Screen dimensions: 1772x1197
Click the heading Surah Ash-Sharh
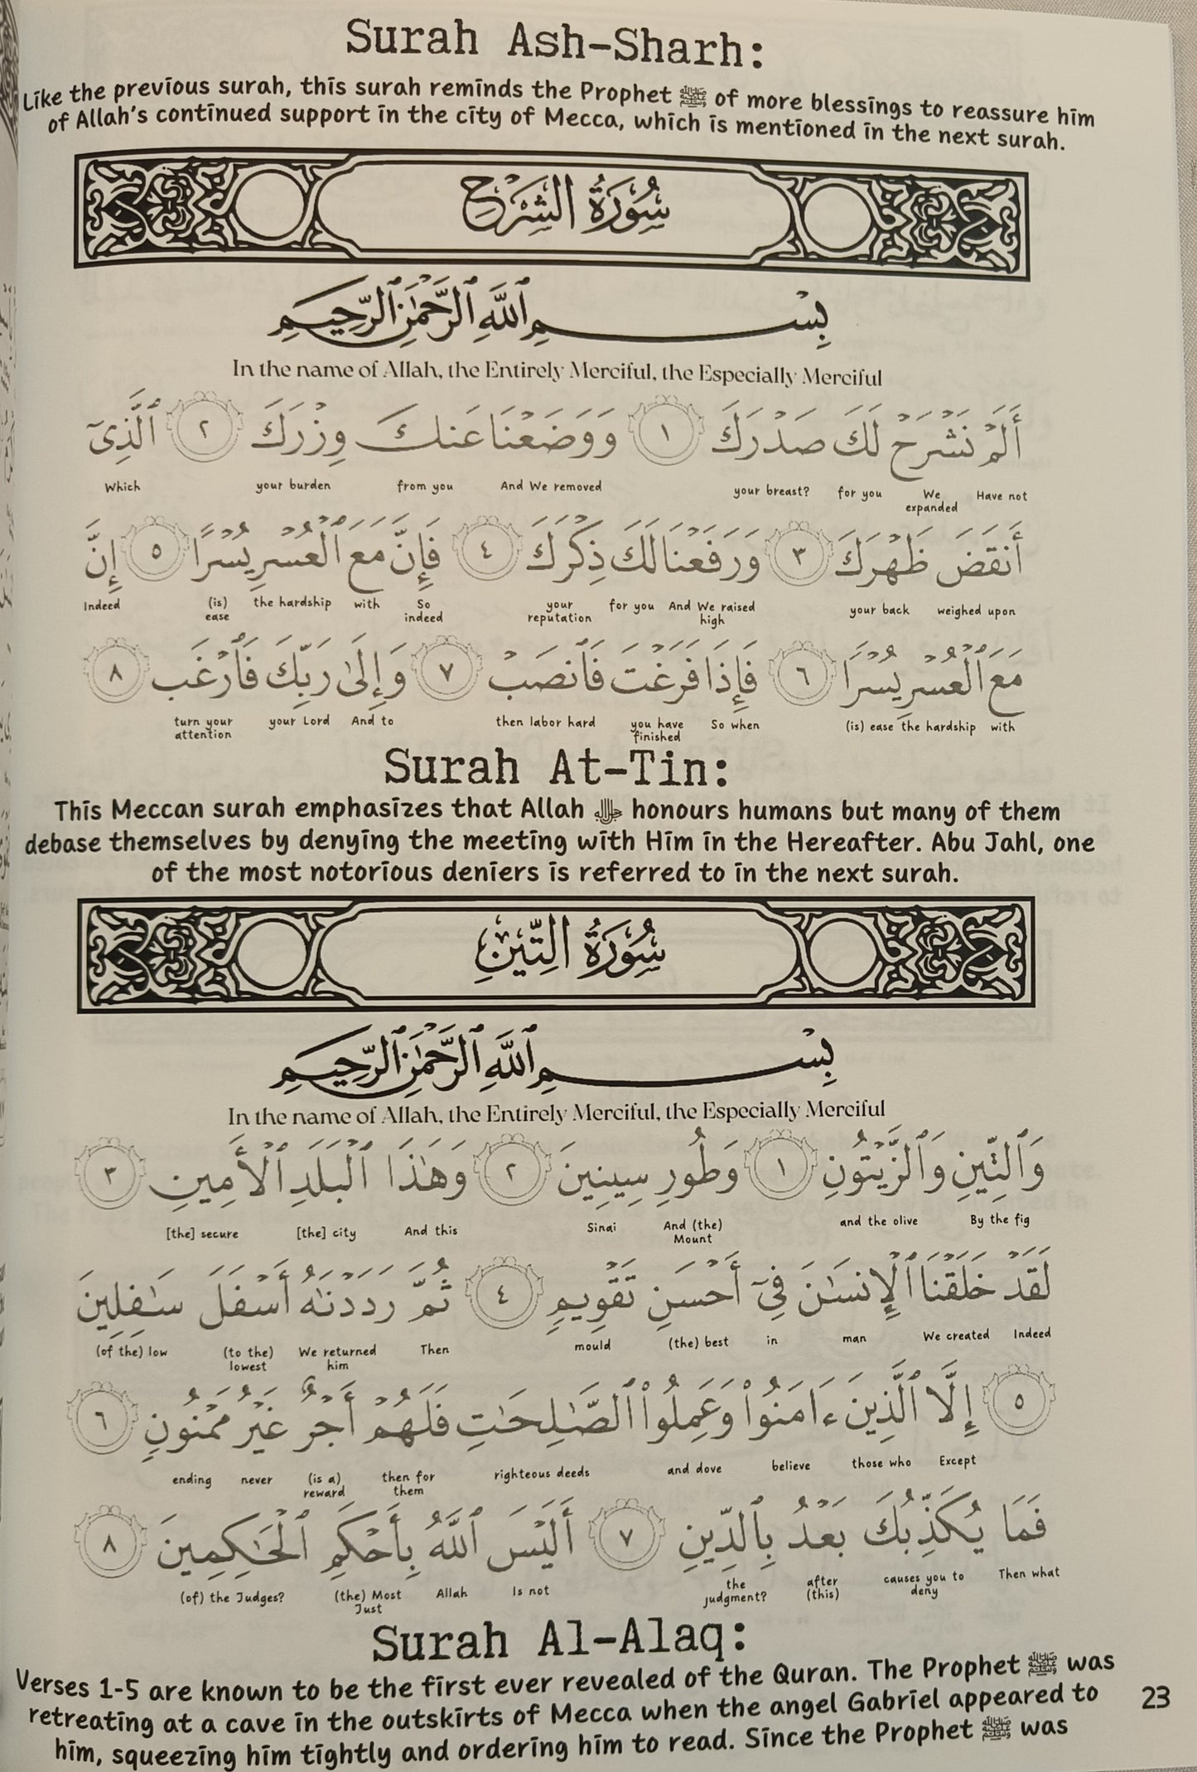tap(553, 44)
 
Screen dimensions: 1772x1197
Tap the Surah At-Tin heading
tap(556, 770)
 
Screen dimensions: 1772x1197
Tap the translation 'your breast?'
tap(771, 490)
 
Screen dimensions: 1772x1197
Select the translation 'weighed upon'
tap(976, 611)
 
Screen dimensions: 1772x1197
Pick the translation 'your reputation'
tap(559, 611)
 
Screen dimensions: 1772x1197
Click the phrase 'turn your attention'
tap(203, 727)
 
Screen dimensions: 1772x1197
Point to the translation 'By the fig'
tap(1000, 1219)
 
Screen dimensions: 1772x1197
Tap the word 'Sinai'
tap(601, 1227)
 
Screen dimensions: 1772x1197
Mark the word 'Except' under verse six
tap(958, 1461)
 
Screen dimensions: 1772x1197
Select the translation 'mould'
tap(592, 1346)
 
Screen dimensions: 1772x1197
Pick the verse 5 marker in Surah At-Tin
tap(1018, 1402)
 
